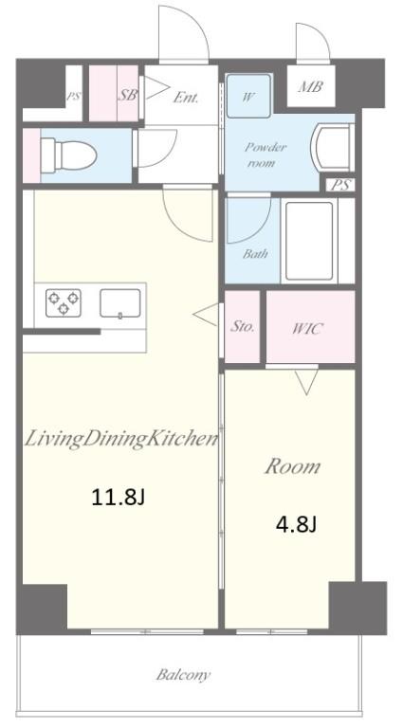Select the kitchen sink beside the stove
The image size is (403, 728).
tap(120, 302)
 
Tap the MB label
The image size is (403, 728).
tap(310, 88)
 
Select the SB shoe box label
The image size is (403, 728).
tap(127, 95)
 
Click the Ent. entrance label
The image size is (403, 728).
tap(185, 96)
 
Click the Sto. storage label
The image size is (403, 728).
tap(243, 326)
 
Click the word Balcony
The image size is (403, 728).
tap(183, 676)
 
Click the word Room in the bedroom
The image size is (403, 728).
tap(291, 466)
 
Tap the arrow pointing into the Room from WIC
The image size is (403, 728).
tap(305, 382)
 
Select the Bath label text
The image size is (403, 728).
tap(255, 254)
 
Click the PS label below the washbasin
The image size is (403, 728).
tap(339, 185)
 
